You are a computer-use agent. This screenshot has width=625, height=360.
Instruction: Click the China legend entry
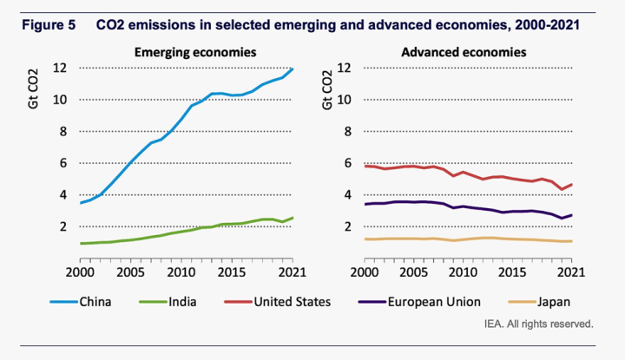tap(98, 303)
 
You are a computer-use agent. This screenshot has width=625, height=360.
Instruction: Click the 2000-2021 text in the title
tap(547, 26)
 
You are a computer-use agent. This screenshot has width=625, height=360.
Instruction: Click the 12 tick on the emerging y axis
tap(59, 68)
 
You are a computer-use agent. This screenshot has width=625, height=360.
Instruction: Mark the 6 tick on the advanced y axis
tap(345, 163)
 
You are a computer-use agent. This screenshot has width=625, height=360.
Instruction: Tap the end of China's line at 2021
tap(293, 69)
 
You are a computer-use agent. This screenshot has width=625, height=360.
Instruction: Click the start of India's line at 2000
tap(81, 243)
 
